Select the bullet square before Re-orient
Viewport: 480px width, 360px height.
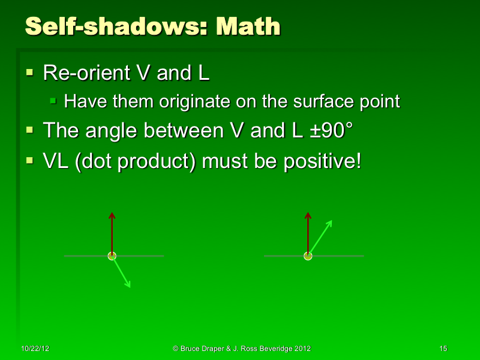point(31,73)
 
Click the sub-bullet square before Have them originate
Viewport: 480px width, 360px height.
point(54,100)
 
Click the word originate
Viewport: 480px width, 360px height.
point(193,101)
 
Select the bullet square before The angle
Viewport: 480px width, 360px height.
point(31,130)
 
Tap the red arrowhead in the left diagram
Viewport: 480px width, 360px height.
point(112,215)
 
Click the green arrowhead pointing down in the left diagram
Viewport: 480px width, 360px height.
point(128,284)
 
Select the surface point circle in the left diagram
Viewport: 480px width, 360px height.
point(112,256)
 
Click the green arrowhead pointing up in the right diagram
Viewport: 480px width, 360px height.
point(329,223)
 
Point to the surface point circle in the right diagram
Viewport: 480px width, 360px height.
point(308,256)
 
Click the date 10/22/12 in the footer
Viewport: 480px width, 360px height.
point(33,349)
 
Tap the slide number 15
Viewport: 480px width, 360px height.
point(443,349)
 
